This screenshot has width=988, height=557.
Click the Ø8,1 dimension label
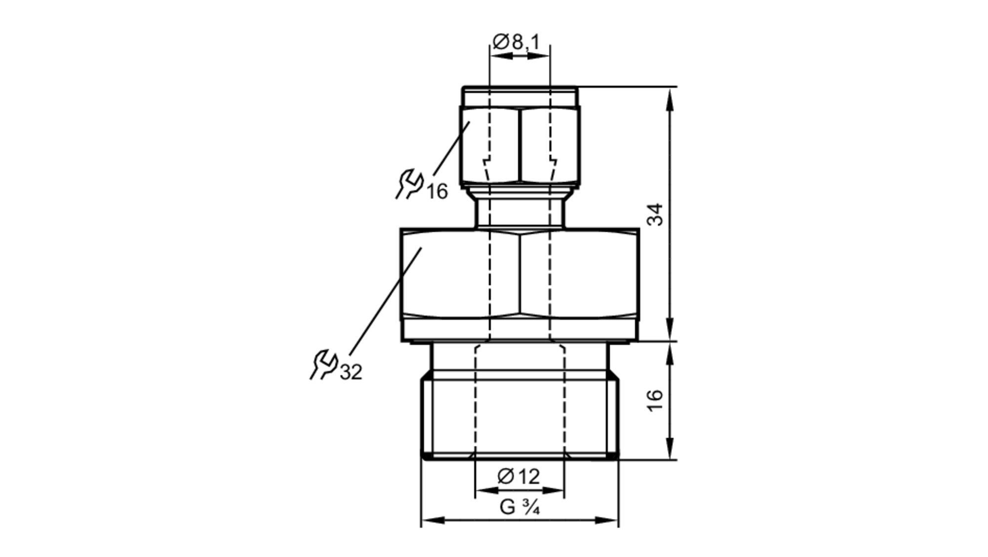click(x=516, y=42)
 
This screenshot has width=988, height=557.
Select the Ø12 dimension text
click(x=519, y=476)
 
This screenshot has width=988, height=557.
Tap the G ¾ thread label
click(x=519, y=507)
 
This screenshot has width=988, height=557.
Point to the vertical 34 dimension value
click(x=656, y=214)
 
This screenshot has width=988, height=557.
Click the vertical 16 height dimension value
click(x=655, y=400)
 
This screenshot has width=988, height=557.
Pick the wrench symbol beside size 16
click(x=410, y=184)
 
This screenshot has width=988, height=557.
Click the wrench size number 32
click(x=351, y=372)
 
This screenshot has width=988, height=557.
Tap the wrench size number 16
click(x=437, y=191)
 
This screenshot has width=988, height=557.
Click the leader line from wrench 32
click(x=385, y=301)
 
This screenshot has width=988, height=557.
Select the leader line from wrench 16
click(x=451, y=148)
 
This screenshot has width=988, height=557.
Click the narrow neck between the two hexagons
click(x=520, y=213)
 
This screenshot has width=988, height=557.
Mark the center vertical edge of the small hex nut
click(x=520, y=146)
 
